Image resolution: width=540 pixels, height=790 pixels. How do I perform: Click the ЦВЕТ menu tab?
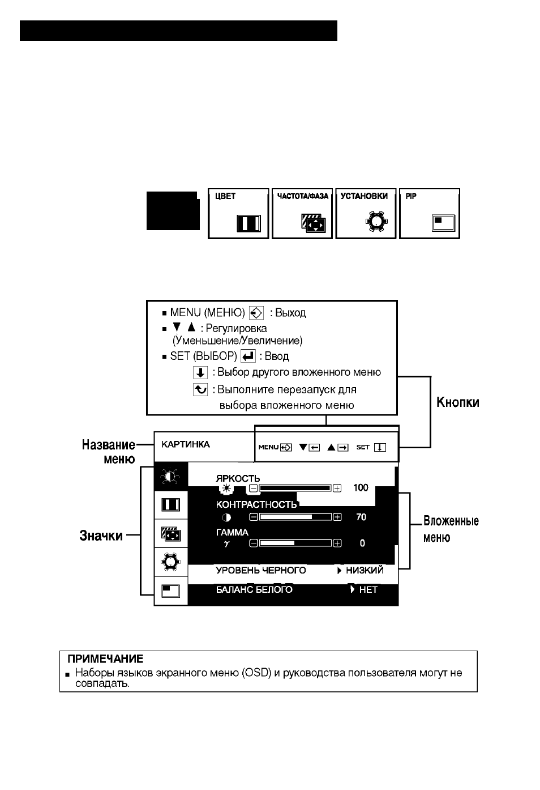[238, 214]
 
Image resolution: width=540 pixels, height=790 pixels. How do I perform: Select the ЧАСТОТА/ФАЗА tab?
[302, 214]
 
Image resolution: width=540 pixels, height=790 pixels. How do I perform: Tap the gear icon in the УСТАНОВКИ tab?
[376, 222]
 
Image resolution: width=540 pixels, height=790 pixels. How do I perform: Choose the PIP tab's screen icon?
[443, 223]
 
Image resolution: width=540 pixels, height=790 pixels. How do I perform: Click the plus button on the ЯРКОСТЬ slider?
[337, 488]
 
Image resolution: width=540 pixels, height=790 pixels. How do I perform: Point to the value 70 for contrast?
[361, 517]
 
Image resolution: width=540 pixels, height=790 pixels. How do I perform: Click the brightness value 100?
[361, 488]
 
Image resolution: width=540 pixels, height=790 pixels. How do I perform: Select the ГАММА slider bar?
[295, 543]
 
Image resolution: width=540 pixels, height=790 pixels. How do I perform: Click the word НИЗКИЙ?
[365, 570]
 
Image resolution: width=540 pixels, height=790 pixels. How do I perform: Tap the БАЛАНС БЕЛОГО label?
[254, 590]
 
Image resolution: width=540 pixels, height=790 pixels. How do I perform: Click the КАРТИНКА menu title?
[185, 444]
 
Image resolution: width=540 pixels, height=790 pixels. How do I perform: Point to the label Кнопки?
[457, 402]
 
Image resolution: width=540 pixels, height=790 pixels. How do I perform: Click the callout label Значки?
[101, 536]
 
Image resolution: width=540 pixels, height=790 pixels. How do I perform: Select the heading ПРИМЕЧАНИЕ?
[105, 659]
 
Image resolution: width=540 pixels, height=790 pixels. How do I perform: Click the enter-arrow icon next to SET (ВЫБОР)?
[248, 356]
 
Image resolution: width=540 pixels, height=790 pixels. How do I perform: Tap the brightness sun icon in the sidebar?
[170, 477]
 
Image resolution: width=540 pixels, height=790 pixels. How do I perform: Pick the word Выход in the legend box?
[290, 313]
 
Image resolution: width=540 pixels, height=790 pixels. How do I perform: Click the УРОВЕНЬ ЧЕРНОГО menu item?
[261, 570]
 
